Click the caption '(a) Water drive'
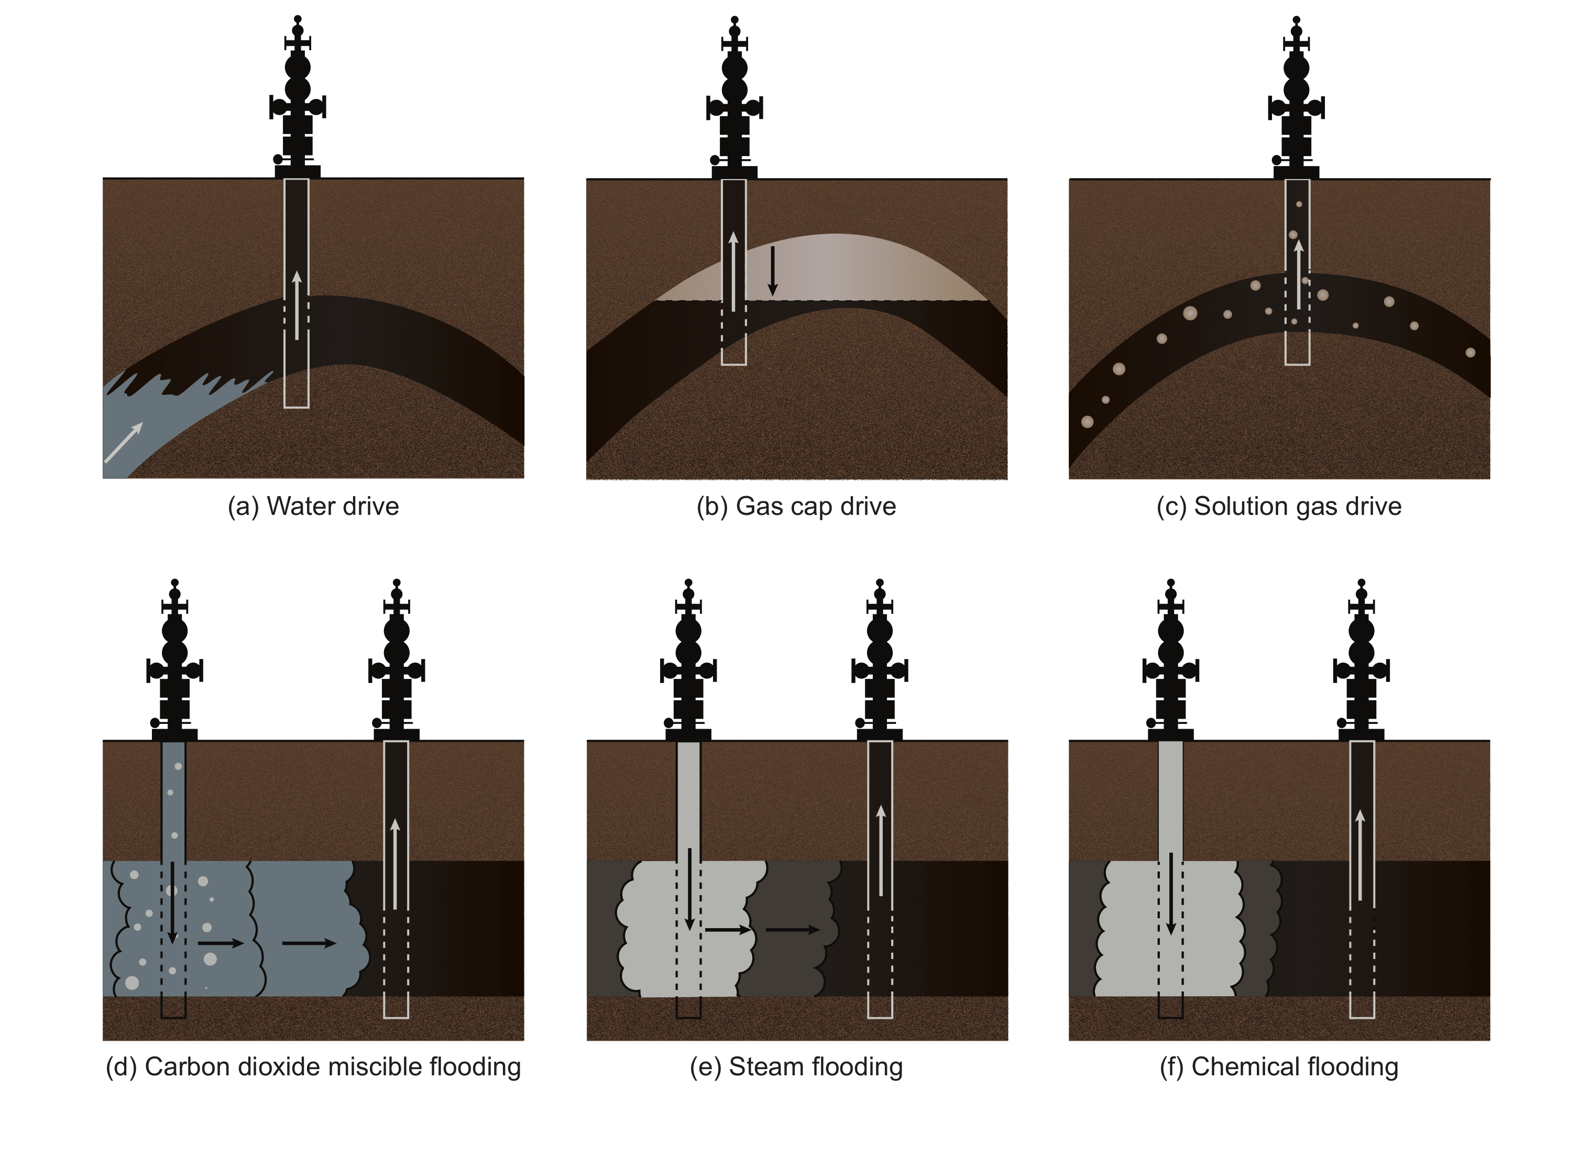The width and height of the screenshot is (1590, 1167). pyautogui.click(x=313, y=507)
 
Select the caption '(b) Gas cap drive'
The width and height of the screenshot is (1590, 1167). pyautogui.click(x=796, y=507)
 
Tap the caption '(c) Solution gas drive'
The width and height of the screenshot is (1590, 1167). pyautogui.click(x=1278, y=507)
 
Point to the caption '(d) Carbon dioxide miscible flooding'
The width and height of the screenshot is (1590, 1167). pyautogui.click(x=313, y=1066)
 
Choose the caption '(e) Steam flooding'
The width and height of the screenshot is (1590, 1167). pyautogui.click(x=796, y=1066)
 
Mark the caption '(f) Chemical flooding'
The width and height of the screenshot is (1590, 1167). pyautogui.click(x=1278, y=1066)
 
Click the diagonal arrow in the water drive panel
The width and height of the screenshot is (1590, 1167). pyautogui.click(x=124, y=443)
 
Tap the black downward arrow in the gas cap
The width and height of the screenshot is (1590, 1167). pyautogui.click(x=772, y=271)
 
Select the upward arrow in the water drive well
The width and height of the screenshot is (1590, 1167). pyautogui.click(x=297, y=305)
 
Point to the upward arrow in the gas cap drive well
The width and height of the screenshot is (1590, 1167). pyautogui.click(x=733, y=271)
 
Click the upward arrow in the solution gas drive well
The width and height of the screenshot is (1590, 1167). pyautogui.click(x=1298, y=275)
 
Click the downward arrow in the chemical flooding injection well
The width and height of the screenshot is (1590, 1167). pyautogui.click(x=1170, y=894)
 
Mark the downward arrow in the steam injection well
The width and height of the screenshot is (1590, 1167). pyautogui.click(x=689, y=889)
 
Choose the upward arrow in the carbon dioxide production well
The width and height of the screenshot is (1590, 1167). pyautogui.click(x=395, y=863)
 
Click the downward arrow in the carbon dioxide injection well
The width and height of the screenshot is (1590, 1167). pyautogui.click(x=172, y=903)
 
